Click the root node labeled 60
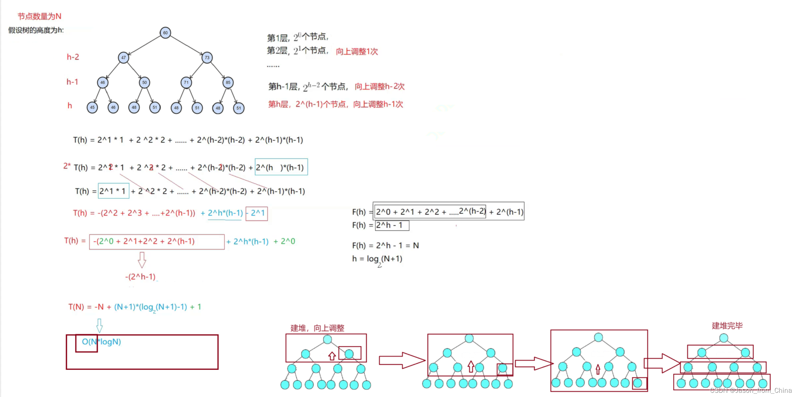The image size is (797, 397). click(165, 33)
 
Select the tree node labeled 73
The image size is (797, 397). click(207, 57)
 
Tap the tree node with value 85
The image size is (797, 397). click(228, 82)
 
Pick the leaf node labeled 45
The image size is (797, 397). click(92, 107)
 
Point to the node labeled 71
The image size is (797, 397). click(186, 82)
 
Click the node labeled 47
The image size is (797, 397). click(123, 57)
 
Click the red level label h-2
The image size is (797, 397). click(73, 57)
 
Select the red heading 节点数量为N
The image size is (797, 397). click(39, 16)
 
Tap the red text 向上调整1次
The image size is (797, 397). click(357, 52)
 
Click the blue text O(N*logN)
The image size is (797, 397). click(101, 342)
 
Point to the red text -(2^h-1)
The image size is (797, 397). click(140, 277)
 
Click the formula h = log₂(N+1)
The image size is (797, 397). click(377, 259)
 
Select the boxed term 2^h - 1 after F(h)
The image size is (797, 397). click(392, 225)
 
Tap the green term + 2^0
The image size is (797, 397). click(284, 241)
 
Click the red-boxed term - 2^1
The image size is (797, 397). click(257, 213)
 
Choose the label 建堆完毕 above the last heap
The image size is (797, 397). click(727, 326)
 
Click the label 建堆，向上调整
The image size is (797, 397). click(317, 328)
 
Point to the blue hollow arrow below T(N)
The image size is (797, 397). click(100, 325)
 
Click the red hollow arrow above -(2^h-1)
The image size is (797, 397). click(142, 260)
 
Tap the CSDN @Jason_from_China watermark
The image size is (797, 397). click(751, 390)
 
